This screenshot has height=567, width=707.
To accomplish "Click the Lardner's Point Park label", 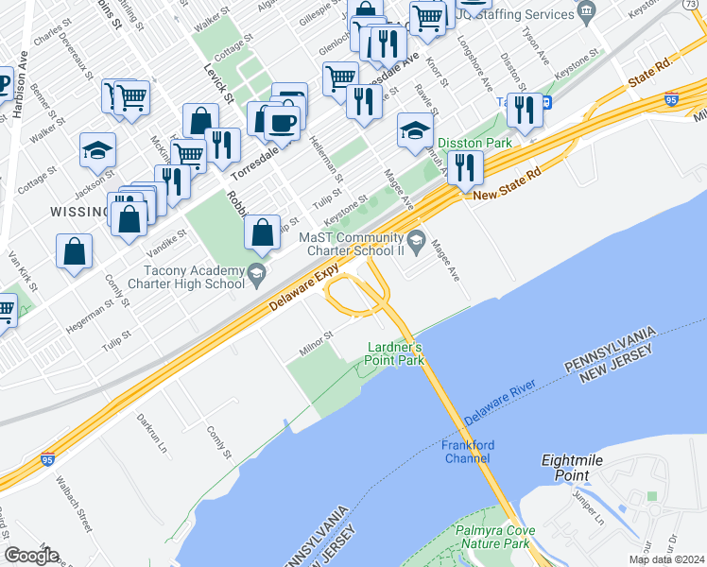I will pos(395,353).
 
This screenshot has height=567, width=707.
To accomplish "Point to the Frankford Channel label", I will pos(467,452).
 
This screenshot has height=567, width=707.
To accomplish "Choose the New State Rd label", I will pos(507,194).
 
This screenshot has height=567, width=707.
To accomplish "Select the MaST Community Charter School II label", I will pos(352,244).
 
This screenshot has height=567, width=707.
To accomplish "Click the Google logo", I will pos(31,555).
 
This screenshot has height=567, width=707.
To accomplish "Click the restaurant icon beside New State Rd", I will pos(465,168).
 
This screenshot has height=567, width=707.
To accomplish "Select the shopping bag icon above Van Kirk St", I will pos(74,251).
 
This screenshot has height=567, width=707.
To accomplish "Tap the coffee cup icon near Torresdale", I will pos(282,122).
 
